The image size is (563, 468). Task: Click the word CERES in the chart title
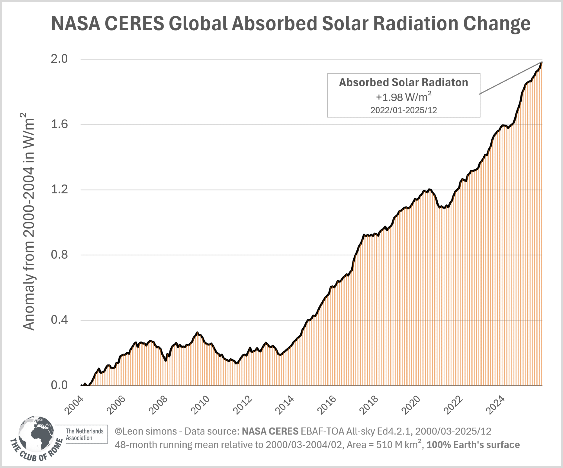point(134,23)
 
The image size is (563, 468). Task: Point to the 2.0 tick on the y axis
point(59,59)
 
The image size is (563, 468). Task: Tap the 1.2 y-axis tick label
point(59,189)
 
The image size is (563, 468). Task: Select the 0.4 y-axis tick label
point(59,320)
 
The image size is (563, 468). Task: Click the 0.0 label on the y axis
point(59,385)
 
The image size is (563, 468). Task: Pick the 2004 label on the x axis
point(74,405)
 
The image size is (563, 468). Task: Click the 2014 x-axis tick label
point(284,405)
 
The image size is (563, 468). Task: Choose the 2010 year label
point(200,405)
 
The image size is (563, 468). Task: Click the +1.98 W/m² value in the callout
point(403,97)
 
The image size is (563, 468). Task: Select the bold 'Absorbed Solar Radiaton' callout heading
point(403,82)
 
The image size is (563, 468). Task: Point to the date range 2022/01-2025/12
point(403,110)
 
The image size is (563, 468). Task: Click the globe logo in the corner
point(37,433)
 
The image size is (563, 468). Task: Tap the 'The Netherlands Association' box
point(84,434)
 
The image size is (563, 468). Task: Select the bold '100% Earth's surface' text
point(473,445)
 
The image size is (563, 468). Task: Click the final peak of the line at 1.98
point(542,62)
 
